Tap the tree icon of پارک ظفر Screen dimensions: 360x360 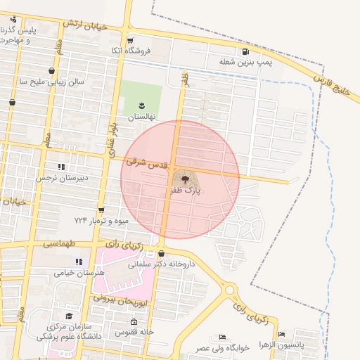point(185,180)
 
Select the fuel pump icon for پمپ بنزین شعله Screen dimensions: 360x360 point(245,51)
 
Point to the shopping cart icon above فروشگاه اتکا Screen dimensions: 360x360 point(130,40)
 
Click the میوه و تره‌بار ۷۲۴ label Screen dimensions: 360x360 point(102,221)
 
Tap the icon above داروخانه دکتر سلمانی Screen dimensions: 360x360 point(162,254)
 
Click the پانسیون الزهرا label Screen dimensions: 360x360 point(281,345)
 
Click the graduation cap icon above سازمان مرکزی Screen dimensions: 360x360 point(69,317)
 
